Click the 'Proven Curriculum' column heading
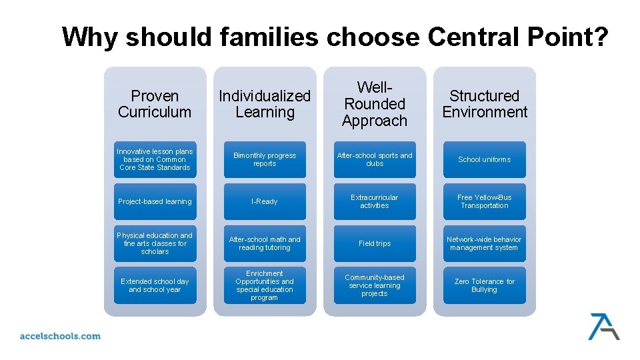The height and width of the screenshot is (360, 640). click(155, 104)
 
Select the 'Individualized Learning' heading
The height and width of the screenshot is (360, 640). click(265, 104)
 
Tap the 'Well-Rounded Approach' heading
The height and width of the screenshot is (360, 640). click(375, 104)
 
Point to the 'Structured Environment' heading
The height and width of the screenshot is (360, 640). click(485, 104)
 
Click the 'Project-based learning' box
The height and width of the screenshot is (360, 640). click(155, 201)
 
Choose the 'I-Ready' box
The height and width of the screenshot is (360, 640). click(265, 201)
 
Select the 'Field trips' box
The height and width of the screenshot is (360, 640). click(375, 243)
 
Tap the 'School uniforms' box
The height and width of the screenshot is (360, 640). click(485, 159)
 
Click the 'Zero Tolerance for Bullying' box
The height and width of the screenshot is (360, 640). click(485, 285)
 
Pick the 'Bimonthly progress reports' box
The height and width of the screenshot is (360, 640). click(265, 159)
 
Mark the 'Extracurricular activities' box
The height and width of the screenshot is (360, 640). click(375, 201)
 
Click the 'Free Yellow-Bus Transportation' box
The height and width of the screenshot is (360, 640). click(485, 201)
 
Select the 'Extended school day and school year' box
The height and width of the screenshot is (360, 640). click(155, 285)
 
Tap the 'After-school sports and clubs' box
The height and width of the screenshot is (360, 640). click(375, 159)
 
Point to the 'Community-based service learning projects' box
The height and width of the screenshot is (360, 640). click(375, 285)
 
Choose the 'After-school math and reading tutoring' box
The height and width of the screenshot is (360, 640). click(265, 243)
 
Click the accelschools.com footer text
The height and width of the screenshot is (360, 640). click(60, 336)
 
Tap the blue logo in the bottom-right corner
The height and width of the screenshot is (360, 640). click(603, 326)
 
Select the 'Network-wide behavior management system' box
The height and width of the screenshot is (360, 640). click(485, 243)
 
